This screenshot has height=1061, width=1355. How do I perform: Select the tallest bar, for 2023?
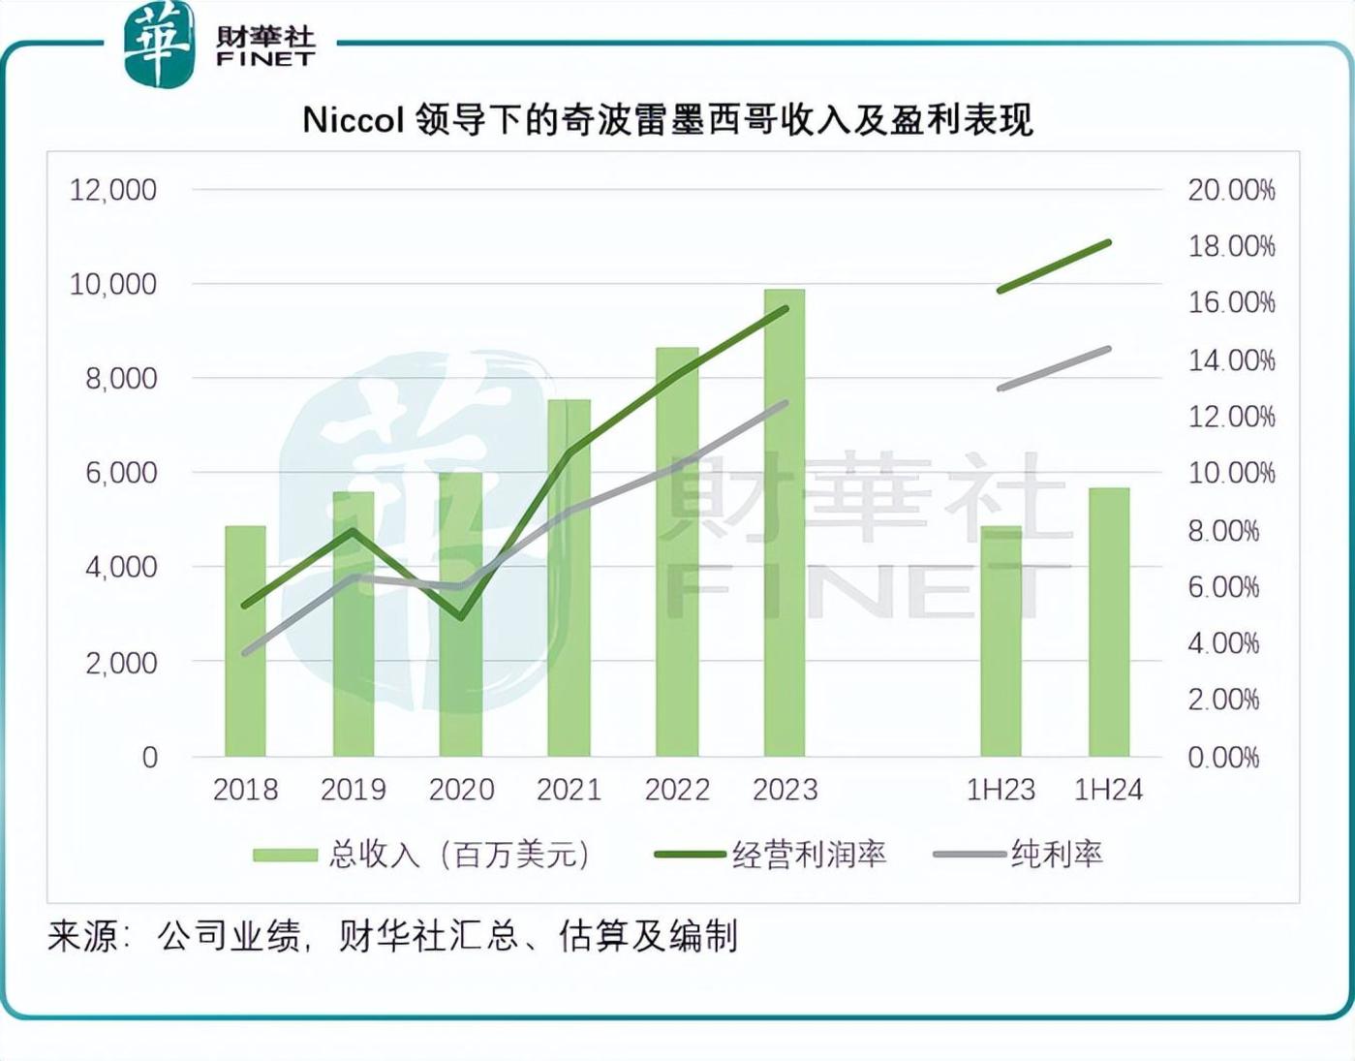[784, 523]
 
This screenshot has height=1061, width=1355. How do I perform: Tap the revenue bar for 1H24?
[1108, 622]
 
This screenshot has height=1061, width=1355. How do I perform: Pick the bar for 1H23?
[1001, 641]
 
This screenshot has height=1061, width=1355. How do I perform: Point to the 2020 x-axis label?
[461, 790]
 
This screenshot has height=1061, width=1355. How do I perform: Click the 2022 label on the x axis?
[677, 790]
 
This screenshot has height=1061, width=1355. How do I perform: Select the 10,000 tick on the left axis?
[112, 284]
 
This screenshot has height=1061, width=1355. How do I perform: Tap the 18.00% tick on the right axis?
[1231, 246]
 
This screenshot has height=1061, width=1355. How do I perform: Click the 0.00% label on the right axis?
[1223, 757]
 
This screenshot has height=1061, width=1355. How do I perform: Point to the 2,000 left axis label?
[120, 663]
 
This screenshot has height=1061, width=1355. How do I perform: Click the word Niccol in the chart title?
[353, 120]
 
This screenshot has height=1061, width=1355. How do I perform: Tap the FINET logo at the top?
[221, 44]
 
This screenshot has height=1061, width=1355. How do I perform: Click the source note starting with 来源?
[392, 936]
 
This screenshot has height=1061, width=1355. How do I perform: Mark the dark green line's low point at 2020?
[462, 617]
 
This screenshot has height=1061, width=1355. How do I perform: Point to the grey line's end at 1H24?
[1108, 349]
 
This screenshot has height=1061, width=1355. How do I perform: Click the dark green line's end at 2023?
[785, 308]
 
